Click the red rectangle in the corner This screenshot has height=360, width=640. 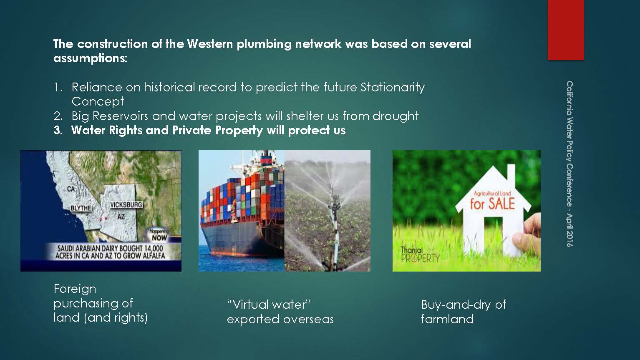point(566,30)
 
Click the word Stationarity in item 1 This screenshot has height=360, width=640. point(393,88)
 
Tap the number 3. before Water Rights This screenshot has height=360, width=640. point(58,130)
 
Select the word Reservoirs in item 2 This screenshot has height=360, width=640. point(120,116)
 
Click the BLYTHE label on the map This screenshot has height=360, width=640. point(81,208)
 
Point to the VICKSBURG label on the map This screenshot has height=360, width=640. point(126,205)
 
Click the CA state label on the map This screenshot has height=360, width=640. point(71,189)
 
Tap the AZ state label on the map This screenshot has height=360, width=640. point(121,217)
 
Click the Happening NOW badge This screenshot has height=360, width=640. point(159,235)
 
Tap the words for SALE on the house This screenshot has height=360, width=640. point(492,204)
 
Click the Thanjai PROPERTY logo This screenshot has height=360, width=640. point(420,254)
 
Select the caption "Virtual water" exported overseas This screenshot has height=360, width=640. point(280,312)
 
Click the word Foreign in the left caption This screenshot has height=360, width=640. point(75,289)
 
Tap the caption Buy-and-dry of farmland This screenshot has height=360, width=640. point(464,312)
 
